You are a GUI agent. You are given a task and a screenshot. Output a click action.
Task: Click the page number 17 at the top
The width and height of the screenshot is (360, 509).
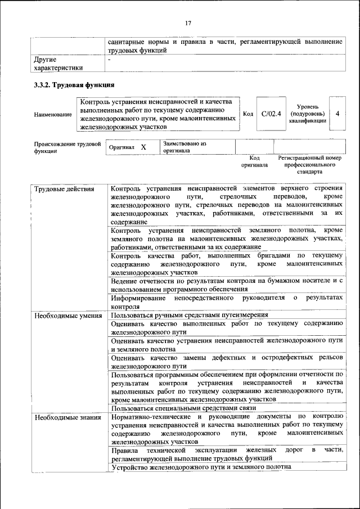[188, 23]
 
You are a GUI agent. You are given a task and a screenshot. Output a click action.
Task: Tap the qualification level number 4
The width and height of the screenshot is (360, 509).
[337, 114]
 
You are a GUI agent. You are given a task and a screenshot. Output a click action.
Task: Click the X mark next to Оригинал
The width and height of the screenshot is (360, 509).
[143, 147]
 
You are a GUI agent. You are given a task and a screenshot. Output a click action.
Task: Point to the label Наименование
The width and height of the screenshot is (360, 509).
[53, 115]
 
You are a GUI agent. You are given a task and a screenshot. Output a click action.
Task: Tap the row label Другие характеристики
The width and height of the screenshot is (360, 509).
[58, 63]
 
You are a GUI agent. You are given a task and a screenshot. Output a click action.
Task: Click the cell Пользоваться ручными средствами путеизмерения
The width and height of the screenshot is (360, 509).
[189, 316]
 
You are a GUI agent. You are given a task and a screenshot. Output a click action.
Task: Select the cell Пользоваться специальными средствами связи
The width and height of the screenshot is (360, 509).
[183, 408]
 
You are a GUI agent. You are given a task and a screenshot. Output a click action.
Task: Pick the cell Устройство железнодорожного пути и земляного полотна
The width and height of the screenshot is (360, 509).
[201, 467]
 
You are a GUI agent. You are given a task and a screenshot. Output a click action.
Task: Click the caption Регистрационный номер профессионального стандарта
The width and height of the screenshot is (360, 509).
[310, 165]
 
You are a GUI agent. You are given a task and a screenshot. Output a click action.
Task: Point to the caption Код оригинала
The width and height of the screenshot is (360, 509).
[254, 161]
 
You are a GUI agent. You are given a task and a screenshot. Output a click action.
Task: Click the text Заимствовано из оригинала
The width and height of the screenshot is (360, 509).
[184, 147]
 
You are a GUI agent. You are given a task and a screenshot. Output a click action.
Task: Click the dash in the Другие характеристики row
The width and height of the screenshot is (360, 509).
[110, 58]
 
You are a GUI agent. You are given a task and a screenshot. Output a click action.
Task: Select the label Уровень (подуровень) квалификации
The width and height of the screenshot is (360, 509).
[308, 114]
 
